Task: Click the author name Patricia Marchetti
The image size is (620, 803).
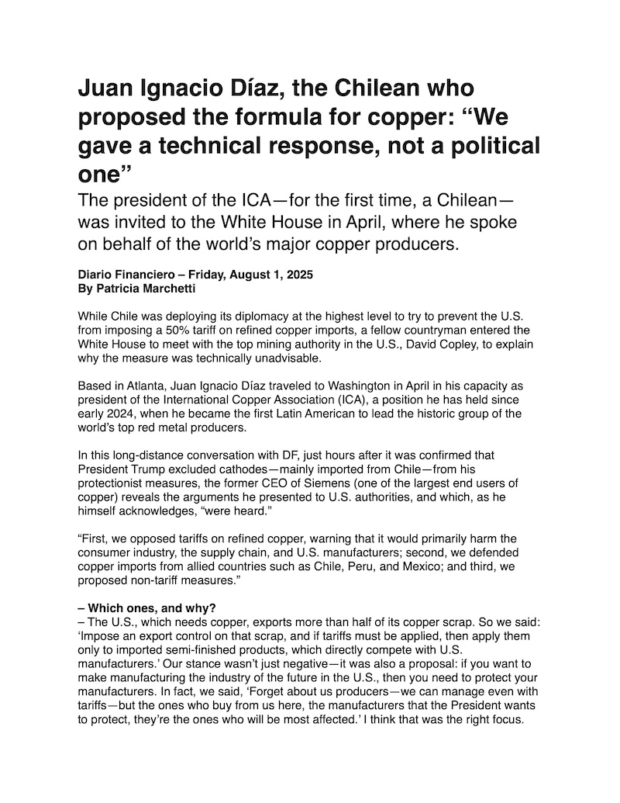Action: click(144, 288)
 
